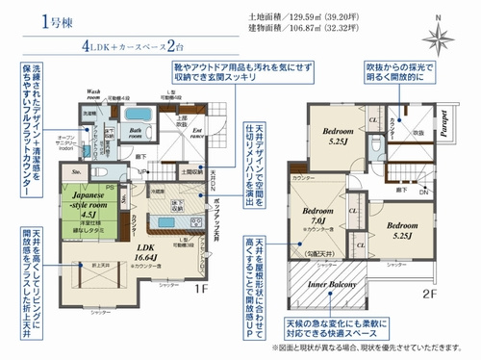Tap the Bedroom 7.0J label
coord(316,216)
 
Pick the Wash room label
coord(95,94)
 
